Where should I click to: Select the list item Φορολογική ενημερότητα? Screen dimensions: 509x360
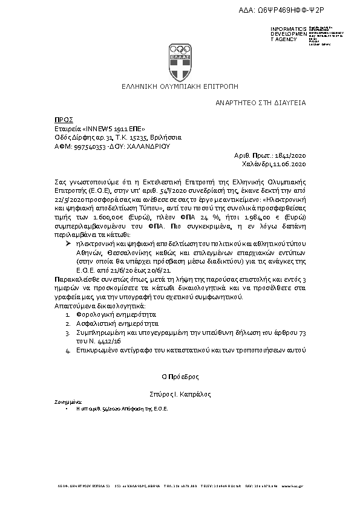coord(111,315)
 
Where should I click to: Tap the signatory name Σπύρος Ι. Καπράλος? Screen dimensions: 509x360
coord(180,394)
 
